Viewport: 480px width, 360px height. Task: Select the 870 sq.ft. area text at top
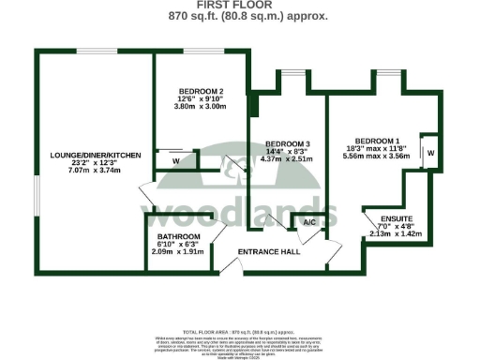tap(240, 16)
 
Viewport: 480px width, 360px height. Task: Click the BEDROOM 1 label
tap(372, 128)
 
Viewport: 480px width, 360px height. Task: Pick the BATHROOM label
tap(178, 236)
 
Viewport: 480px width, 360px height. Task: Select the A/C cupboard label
tap(308, 223)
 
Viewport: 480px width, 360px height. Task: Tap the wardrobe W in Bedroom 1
tap(429, 152)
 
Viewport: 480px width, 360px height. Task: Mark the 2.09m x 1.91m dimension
tap(178, 253)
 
